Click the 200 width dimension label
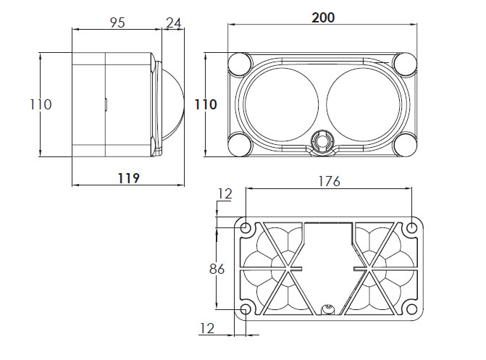coord(323,17)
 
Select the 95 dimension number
coord(117,22)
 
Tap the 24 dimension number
coord(174,22)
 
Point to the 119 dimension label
coord(129,178)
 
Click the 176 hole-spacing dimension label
coord(329,181)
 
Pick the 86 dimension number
coord(217,269)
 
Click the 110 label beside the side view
coord(41,104)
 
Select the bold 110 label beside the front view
coord(206,104)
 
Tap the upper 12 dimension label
coord(225,194)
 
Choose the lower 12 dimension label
coord(207,328)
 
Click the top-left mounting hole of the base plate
coord(246,228)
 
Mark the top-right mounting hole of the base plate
coord(411,228)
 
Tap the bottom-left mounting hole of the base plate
coord(246,309)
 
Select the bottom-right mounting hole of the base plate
coord(411,309)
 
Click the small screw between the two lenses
coord(322,140)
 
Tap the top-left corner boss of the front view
coord(240,64)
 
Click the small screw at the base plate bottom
coord(327,309)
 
